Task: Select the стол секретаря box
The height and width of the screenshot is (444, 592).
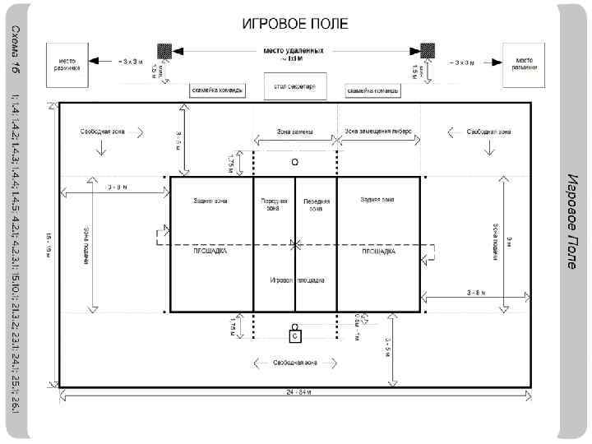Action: [294, 86]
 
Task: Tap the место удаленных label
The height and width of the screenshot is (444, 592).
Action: [294, 49]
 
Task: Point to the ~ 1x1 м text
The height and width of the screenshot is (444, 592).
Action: [294, 58]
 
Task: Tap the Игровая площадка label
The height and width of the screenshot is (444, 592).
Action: [296, 280]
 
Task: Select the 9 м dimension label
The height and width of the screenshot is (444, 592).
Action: [507, 241]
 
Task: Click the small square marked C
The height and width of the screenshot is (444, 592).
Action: [294, 335]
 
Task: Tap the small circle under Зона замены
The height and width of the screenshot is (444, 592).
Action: [294, 161]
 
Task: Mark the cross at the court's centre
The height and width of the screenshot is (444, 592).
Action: [294, 243]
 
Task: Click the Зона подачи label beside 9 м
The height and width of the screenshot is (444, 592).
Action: [496, 241]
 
